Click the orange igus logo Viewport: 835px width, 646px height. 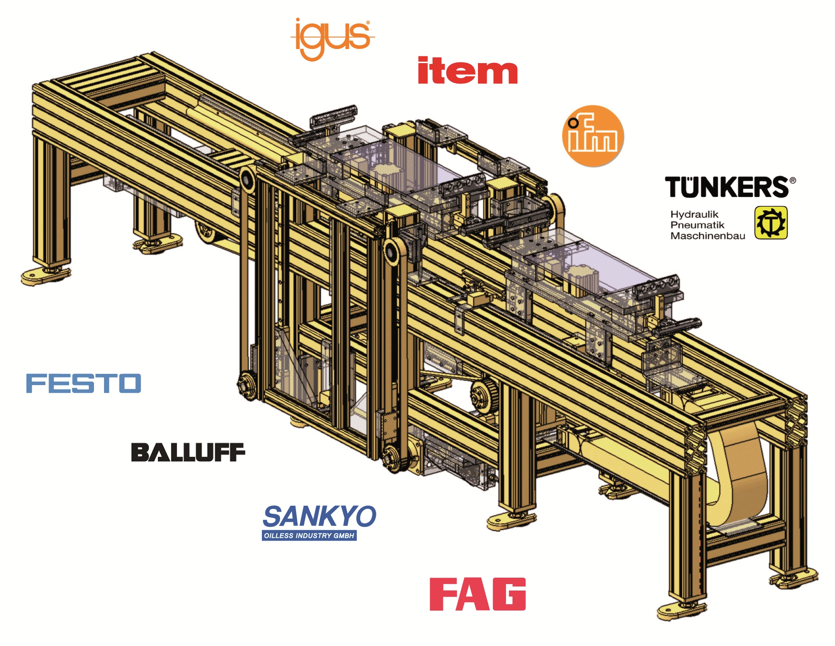pyautogui.click(x=333, y=39)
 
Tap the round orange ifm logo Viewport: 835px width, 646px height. pyautogui.click(x=593, y=136)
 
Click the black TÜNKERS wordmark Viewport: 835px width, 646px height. pyautogui.click(x=727, y=187)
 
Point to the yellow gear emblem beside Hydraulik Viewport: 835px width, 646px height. pyautogui.click(x=771, y=223)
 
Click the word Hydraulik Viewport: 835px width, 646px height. pyautogui.click(x=694, y=214)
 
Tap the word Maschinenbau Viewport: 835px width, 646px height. pyautogui.click(x=707, y=236)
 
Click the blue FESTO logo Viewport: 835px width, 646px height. pyautogui.click(x=84, y=383)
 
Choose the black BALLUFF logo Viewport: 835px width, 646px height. pyautogui.click(x=188, y=452)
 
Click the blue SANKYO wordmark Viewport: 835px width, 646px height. pyautogui.click(x=319, y=517)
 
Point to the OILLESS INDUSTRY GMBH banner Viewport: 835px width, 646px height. pyautogui.click(x=309, y=536)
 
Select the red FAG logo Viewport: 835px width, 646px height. pyautogui.click(x=478, y=594)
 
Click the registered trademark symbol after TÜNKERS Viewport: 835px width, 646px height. pyautogui.click(x=792, y=180)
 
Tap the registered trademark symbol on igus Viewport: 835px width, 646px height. pyautogui.click(x=368, y=23)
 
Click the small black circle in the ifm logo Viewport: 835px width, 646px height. pyautogui.click(x=573, y=123)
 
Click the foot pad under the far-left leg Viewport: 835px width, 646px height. pyautogui.click(x=45, y=276)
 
